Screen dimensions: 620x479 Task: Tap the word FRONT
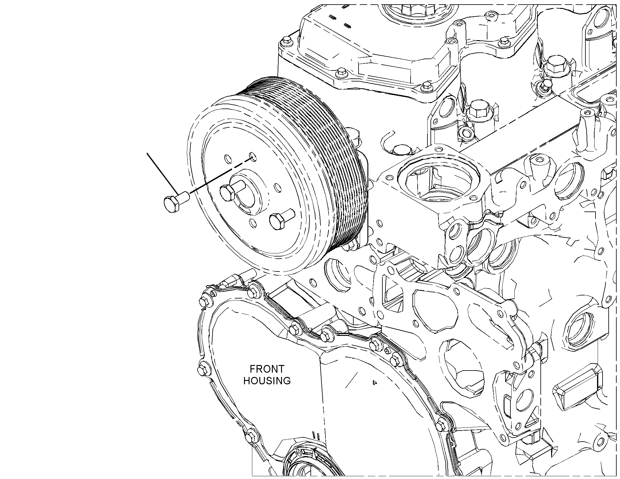(267, 369)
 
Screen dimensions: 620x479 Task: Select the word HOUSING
(267, 381)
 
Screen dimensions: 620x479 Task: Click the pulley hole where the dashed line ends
(252, 157)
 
